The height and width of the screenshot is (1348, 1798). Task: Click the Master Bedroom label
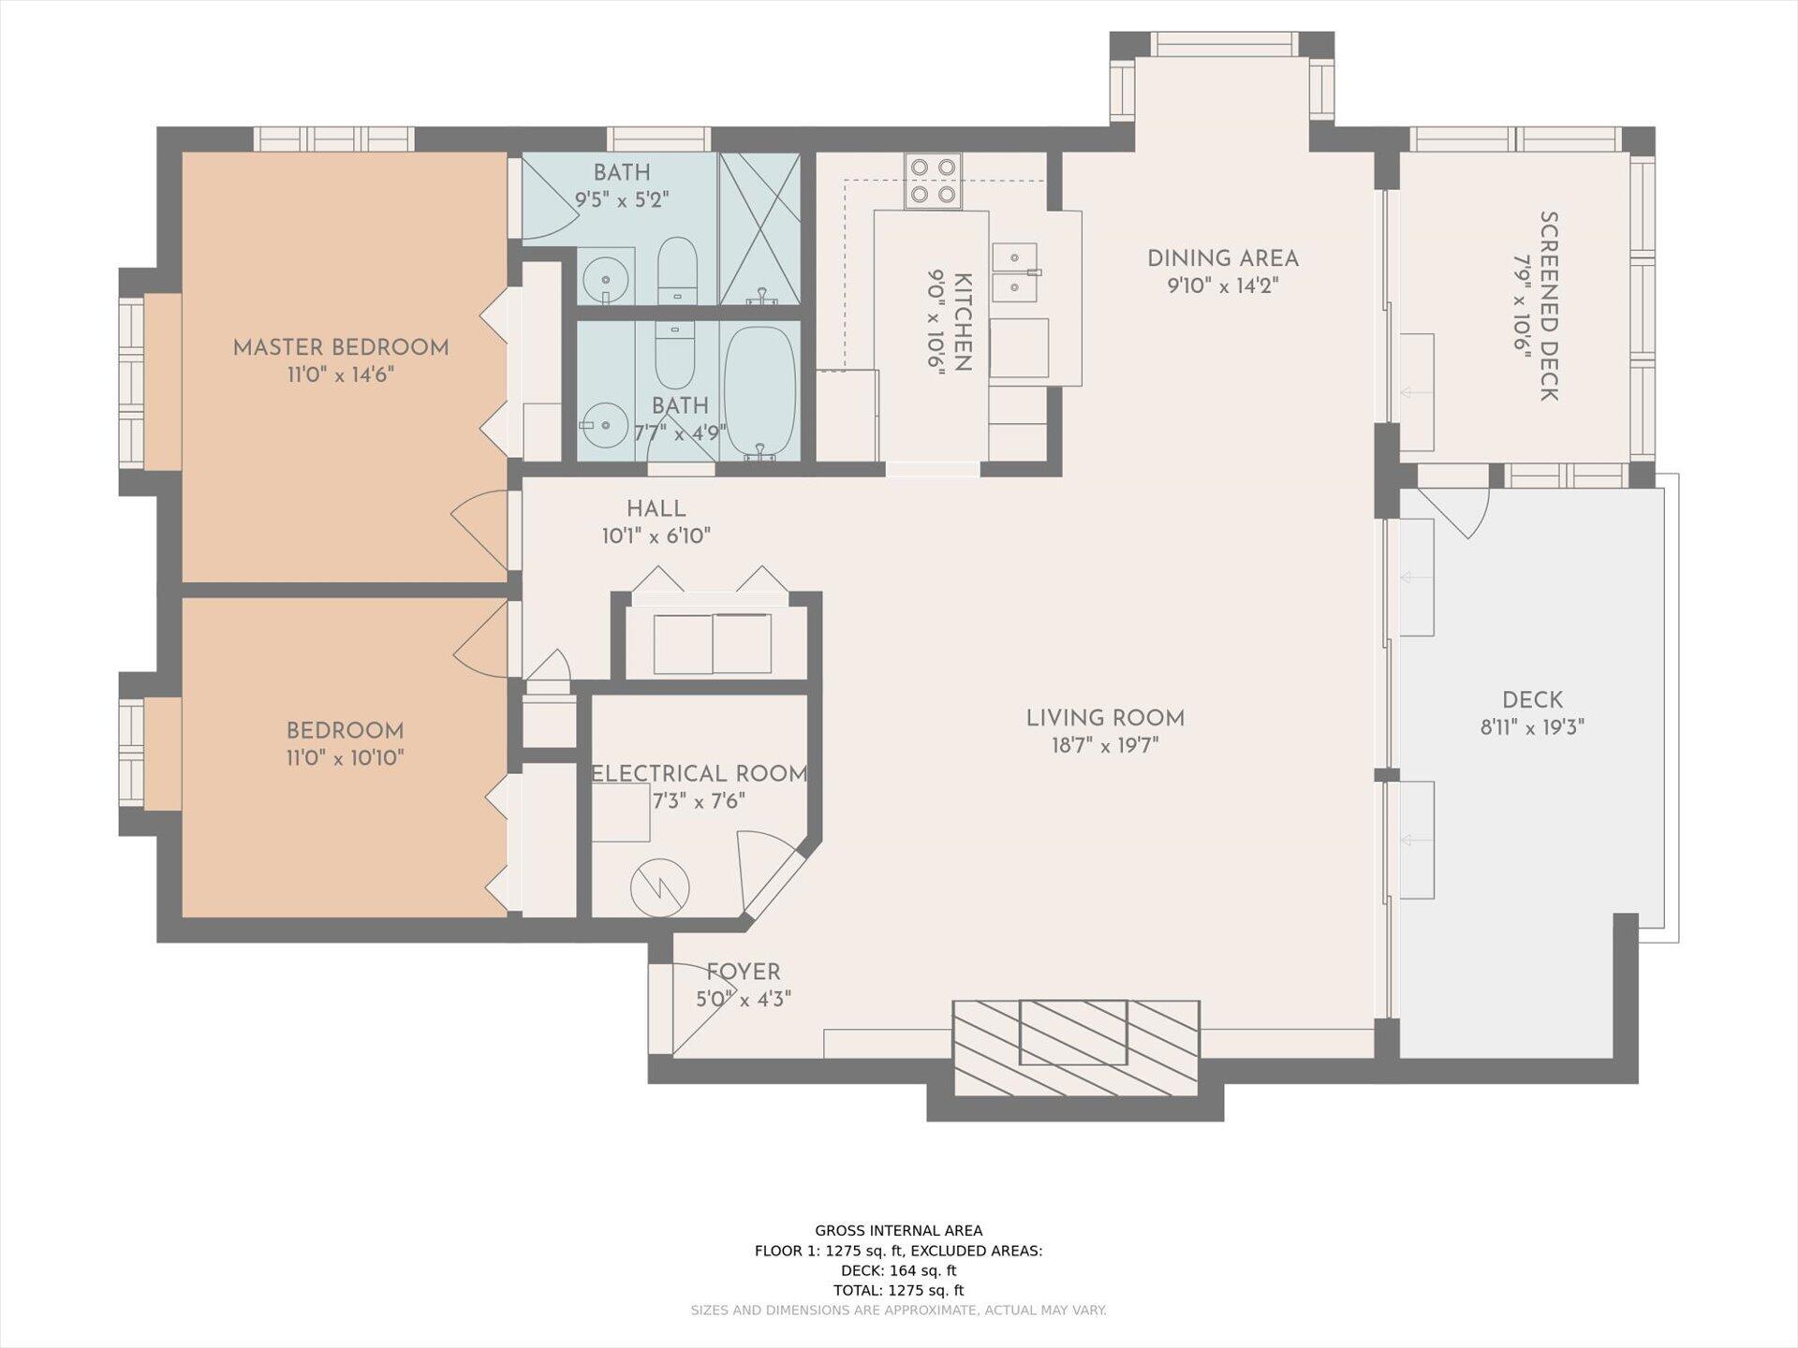(x=341, y=347)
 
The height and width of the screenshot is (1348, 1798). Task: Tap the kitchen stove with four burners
(x=933, y=181)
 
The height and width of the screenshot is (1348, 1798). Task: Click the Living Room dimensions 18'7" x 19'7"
(x=1105, y=746)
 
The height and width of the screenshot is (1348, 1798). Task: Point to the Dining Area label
(x=1223, y=258)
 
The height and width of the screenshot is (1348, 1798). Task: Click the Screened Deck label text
(x=1549, y=306)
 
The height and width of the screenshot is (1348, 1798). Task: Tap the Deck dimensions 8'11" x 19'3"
(x=1532, y=727)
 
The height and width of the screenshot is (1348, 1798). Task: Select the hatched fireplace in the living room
(x=1076, y=1048)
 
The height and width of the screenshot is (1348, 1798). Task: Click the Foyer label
(x=744, y=972)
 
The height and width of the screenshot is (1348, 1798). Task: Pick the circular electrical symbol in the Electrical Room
(x=660, y=888)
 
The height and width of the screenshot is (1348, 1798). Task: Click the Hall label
(x=656, y=508)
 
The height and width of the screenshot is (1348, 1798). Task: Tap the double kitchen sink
(x=1015, y=272)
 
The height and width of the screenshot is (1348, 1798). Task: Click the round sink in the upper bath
(x=605, y=279)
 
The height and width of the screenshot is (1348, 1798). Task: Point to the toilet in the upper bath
(x=677, y=270)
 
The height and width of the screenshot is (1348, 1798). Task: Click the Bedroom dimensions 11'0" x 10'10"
(x=345, y=757)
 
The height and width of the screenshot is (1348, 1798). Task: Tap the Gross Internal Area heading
(x=899, y=1231)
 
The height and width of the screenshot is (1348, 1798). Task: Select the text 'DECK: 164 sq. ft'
(x=899, y=1270)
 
